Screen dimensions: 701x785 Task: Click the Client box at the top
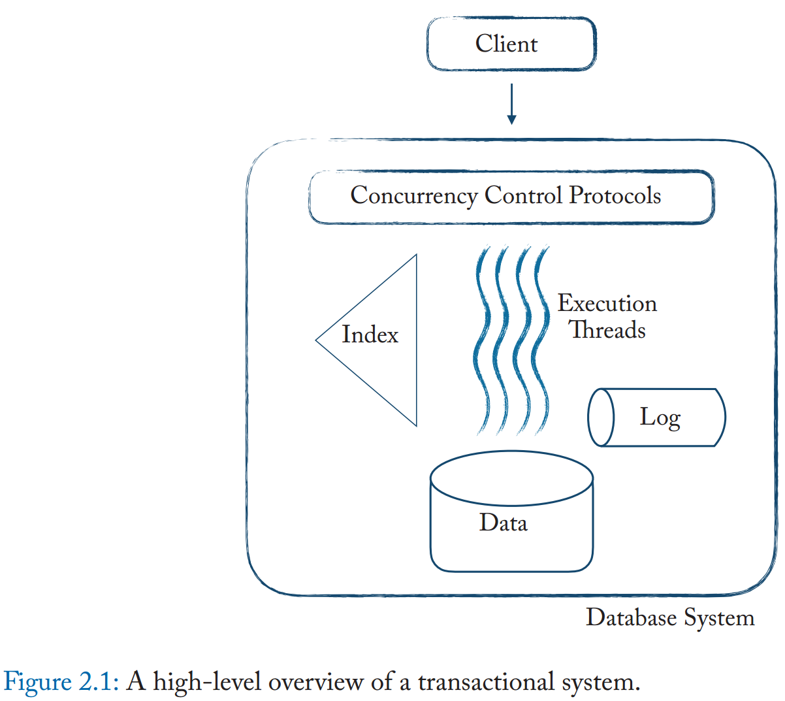pos(511,44)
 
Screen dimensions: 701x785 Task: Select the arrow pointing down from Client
pos(511,105)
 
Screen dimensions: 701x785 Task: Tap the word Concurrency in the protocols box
pos(413,195)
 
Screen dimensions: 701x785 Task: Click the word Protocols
pos(615,195)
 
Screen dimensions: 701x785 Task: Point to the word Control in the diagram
pos(523,195)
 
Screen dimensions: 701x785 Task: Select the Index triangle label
pos(370,334)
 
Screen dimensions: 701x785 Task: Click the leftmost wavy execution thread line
pos(483,340)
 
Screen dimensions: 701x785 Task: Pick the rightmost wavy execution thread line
pos(541,340)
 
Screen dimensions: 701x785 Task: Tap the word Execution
pos(607,303)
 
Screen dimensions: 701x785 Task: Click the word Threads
pos(607,330)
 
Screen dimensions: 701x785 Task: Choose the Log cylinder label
pos(660,417)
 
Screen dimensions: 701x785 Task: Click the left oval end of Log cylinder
pos(601,417)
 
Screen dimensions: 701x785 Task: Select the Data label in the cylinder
pos(503,523)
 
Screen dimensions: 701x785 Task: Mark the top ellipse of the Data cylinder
pos(511,478)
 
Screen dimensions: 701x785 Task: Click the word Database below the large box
pos(631,617)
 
